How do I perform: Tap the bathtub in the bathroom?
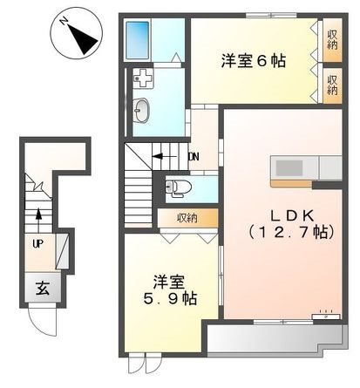click(x=142, y=39)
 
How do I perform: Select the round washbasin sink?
click(x=142, y=110)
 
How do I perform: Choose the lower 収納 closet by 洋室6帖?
click(x=333, y=85)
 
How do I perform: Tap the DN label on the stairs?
click(x=194, y=158)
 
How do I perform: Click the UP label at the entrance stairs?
click(x=38, y=244)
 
